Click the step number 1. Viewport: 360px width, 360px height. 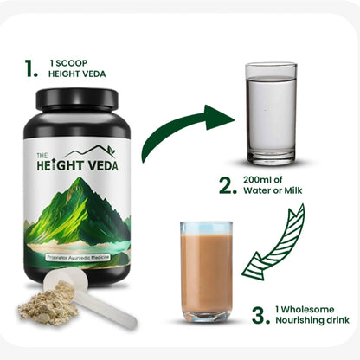[x=31, y=68]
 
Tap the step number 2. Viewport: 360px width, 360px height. [x=228, y=185]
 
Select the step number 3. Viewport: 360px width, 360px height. [x=261, y=316]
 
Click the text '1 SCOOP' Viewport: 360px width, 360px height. [x=68, y=63]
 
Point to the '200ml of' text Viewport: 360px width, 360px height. [x=262, y=180]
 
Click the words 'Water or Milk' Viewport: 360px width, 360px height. [x=273, y=190]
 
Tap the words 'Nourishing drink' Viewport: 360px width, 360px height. [x=312, y=320]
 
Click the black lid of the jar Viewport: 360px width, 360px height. [x=77, y=99]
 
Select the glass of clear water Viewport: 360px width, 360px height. [x=271, y=114]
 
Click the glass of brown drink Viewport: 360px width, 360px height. [x=206, y=272]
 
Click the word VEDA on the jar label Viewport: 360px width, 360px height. [x=103, y=166]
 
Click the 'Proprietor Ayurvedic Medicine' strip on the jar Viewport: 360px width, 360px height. [x=78, y=257]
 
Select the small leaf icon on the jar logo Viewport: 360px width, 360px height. [x=111, y=150]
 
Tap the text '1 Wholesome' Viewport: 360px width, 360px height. [x=305, y=310]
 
